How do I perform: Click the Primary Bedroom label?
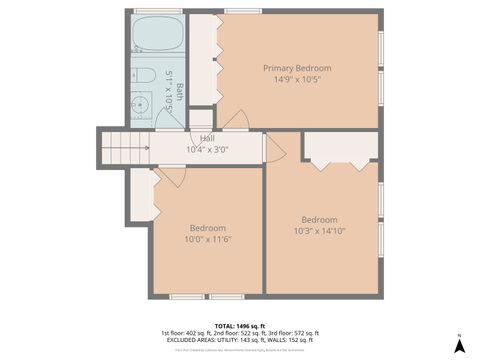[x=297, y=68]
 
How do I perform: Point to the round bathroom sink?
[x=142, y=103]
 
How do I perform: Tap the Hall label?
[x=207, y=138]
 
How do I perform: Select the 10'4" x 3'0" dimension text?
[x=207, y=150]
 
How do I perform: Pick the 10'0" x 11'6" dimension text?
[x=208, y=240]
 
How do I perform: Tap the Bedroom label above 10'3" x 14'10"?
[x=319, y=220]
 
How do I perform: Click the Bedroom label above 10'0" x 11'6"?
[x=208, y=228]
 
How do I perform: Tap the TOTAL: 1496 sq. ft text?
[x=239, y=325]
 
